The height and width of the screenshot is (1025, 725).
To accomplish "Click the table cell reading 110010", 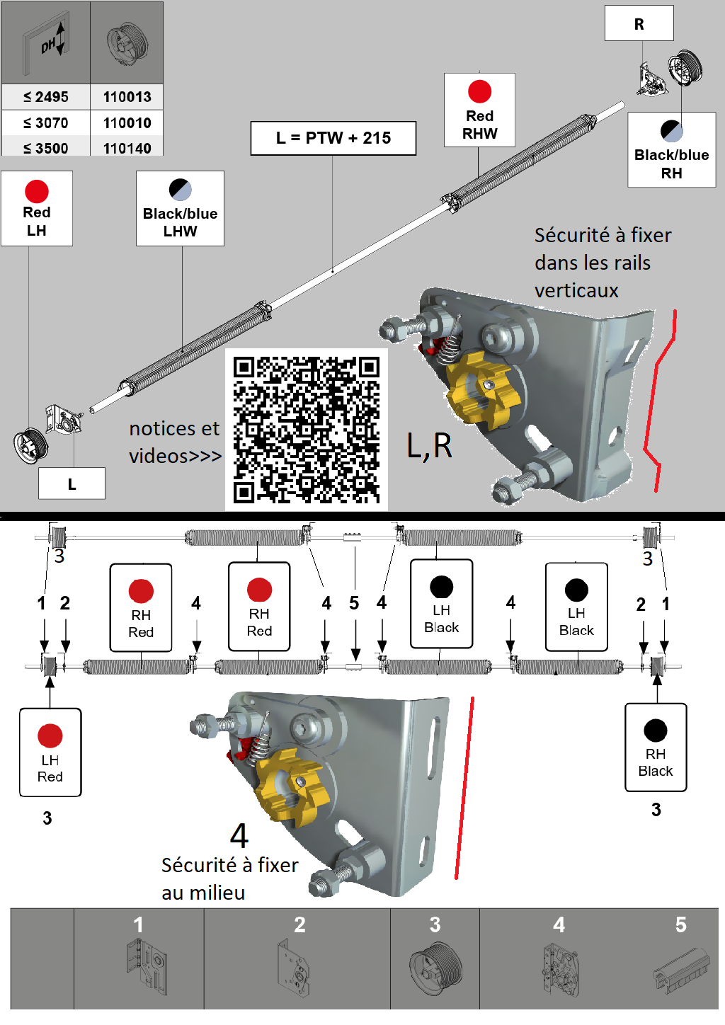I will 127,122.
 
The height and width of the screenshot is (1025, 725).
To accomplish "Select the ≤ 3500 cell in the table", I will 46,148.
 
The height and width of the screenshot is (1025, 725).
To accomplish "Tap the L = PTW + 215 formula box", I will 333,138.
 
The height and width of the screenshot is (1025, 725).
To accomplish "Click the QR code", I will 307,430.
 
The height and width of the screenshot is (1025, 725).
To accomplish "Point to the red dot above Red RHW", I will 479,91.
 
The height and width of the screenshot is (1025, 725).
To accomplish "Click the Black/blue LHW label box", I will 180,209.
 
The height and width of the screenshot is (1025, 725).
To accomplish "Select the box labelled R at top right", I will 639,24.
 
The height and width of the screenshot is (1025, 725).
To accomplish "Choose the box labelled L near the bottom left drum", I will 72,484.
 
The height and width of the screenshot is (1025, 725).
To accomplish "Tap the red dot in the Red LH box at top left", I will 37,191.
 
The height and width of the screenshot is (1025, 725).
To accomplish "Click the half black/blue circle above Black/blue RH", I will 671,131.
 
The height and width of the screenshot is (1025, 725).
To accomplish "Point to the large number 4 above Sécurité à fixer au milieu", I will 239,836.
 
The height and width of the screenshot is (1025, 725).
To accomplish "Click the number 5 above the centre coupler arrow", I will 354,603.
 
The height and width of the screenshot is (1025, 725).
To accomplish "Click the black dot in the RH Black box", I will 656,731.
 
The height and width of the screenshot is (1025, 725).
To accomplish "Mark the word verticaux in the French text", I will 576,290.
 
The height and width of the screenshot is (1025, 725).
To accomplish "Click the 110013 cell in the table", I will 127,97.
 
